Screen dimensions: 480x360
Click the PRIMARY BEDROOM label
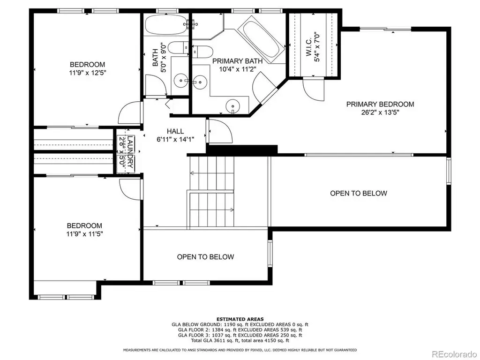(x=380, y=104)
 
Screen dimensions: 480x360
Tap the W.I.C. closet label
(x=309, y=47)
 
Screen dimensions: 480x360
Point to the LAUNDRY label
(x=130, y=152)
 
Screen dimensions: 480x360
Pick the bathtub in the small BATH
(x=166, y=24)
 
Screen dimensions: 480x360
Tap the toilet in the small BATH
(x=178, y=48)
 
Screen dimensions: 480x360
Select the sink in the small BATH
(x=181, y=81)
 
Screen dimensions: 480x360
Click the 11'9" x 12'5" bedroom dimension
(x=88, y=73)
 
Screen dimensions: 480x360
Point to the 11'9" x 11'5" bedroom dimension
(x=84, y=234)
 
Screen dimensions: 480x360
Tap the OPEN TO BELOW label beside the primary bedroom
(x=359, y=193)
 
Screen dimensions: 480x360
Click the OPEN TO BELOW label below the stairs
(x=205, y=257)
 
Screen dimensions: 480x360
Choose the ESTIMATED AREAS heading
(x=240, y=319)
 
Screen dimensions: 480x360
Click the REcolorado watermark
(x=454, y=354)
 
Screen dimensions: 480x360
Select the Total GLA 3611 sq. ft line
(x=240, y=340)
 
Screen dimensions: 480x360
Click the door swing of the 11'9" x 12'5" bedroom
(x=130, y=112)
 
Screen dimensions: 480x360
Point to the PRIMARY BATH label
(x=238, y=61)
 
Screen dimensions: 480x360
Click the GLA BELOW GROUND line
(x=240, y=324)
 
